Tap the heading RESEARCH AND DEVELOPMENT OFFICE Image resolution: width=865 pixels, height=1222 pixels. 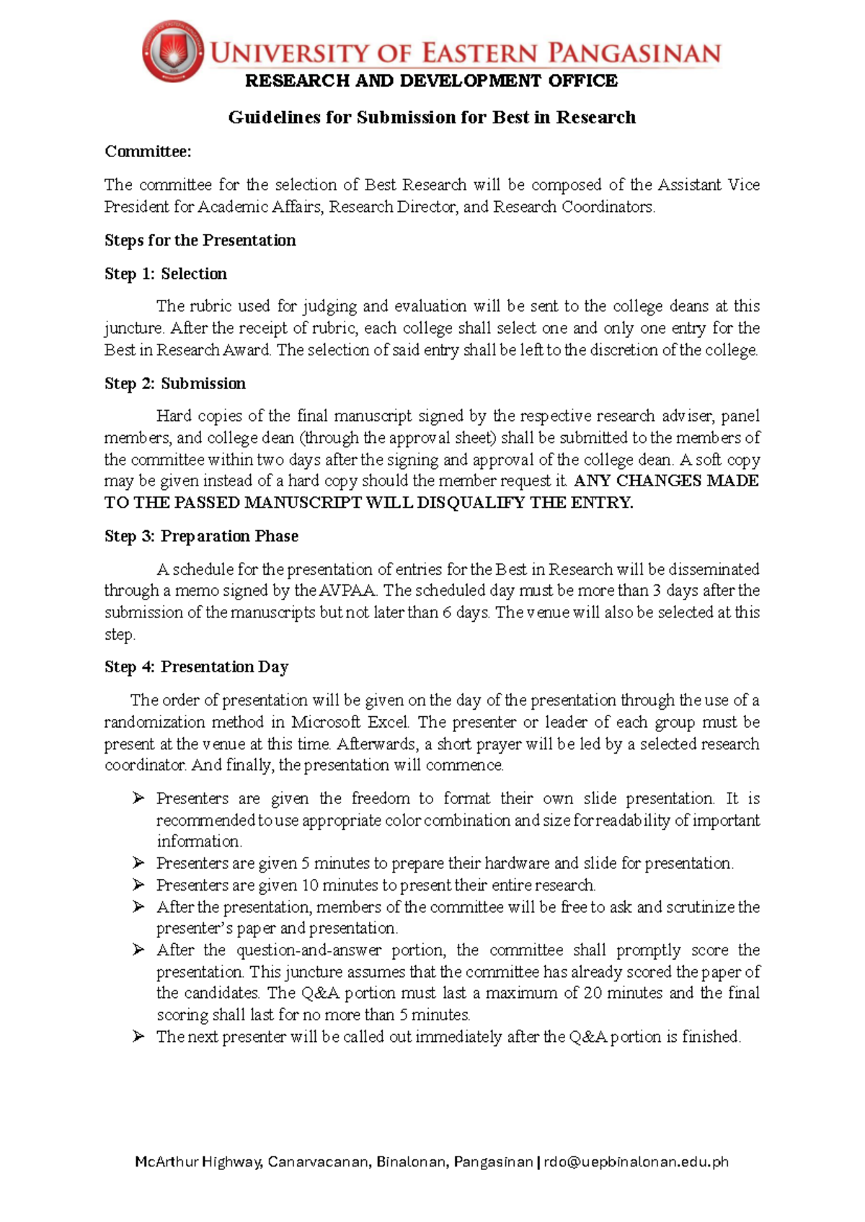coord(431,81)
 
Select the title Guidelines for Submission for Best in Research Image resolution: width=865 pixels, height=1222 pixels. coord(432,117)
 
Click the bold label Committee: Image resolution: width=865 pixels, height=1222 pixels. coord(148,151)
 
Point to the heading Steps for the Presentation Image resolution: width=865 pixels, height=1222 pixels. coord(200,240)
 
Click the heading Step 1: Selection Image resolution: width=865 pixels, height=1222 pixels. coord(165,274)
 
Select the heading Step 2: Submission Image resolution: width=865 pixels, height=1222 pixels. coord(174,383)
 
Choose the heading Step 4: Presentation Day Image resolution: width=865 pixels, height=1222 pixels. coord(196,666)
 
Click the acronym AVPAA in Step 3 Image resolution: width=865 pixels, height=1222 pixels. coord(348,591)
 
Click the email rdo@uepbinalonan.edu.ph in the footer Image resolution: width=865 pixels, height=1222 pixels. coord(636,1161)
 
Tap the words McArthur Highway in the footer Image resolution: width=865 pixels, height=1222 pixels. coord(198,1161)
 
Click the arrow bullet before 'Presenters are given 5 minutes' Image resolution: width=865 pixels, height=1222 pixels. coord(138,862)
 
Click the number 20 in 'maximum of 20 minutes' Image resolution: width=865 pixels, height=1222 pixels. coord(593,993)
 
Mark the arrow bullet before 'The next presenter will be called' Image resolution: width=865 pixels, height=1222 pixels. coord(138,1036)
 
